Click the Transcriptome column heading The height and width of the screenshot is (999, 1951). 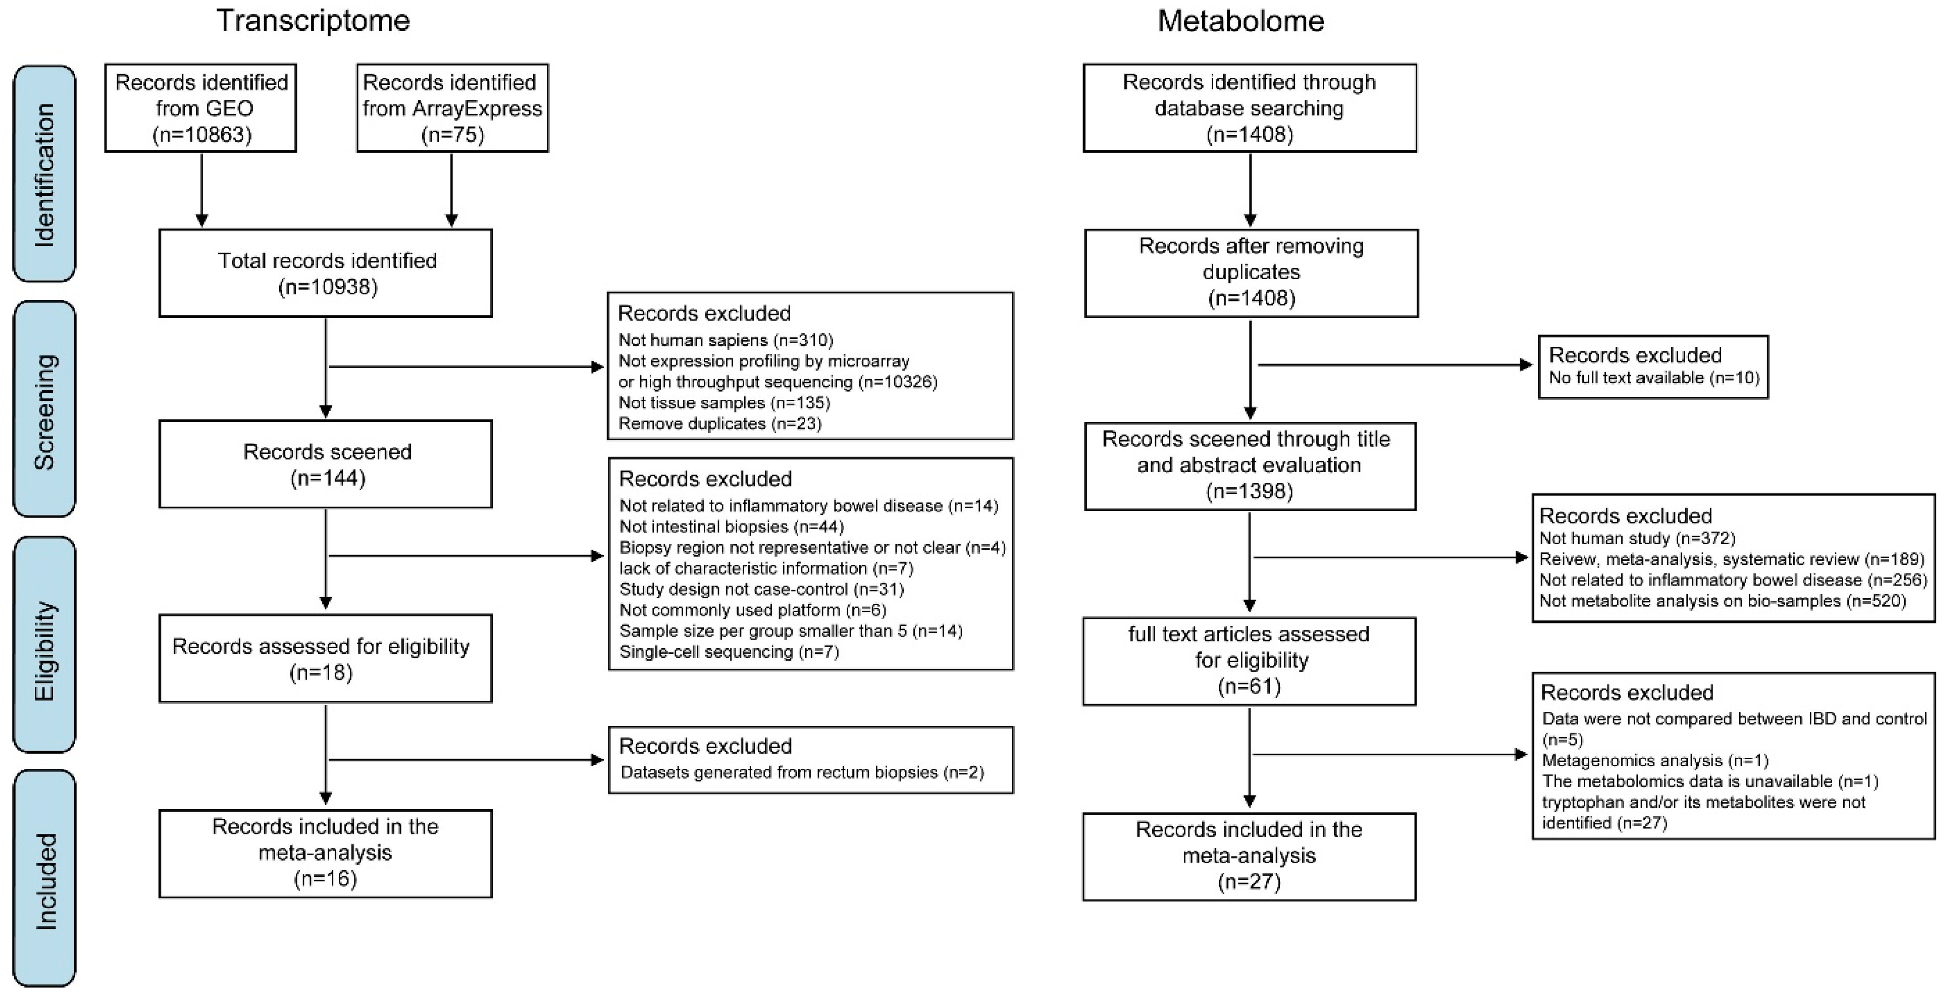[313, 21]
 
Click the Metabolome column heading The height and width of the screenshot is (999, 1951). [1241, 21]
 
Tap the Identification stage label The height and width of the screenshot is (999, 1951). [44, 174]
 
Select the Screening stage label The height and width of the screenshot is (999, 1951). [44, 410]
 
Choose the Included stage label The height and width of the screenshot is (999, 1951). [44, 881]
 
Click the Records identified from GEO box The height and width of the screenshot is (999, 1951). [201, 108]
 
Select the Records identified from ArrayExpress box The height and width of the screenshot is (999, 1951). [452, 108]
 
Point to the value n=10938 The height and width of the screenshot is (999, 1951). [327, 287]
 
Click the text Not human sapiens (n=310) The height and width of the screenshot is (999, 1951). [725, 340]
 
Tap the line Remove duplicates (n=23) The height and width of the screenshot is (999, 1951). [719, 423]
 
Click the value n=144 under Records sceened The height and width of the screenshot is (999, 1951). [327, 478]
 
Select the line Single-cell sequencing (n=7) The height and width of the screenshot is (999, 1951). [729, 651]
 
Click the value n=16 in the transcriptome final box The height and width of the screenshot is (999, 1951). [325, 878]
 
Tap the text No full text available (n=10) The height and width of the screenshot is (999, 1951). [1653, 377]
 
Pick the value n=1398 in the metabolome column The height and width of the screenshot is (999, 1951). [1249, 491]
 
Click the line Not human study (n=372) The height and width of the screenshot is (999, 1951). [1637, 539]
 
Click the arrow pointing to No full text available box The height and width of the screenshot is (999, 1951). [1393, 365]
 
